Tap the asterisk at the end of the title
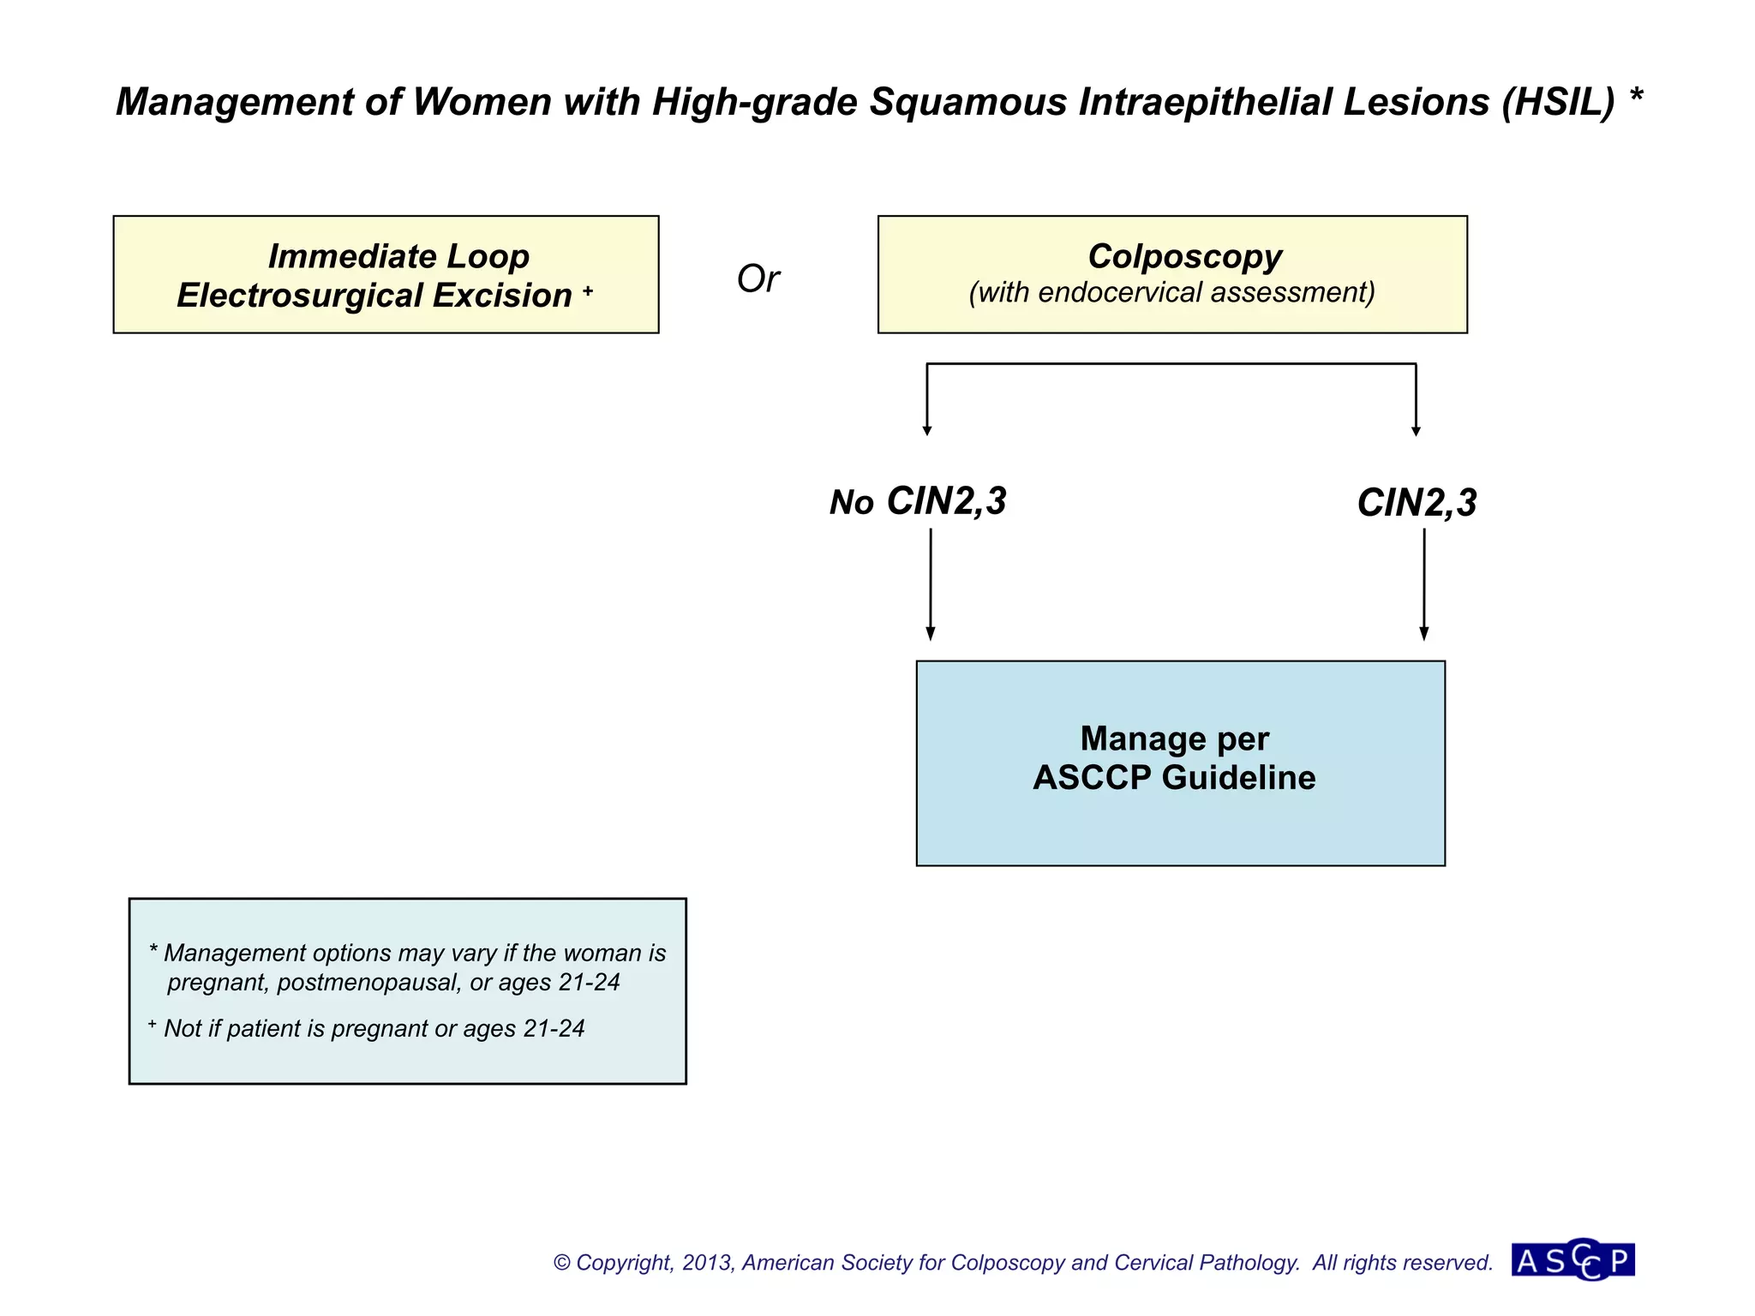(x=1636, y=96)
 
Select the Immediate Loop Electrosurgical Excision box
(x=386, y=274)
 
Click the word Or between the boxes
(x=758, y=279)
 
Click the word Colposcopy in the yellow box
(x=1184, y=256)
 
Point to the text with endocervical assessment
(x=1171, y=293)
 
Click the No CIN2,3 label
(x=918, y=502)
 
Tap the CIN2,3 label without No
(x=1417, y=503)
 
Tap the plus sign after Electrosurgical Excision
(x=588, y=291)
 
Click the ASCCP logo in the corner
(x=1573, y=1260)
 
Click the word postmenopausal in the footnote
(x=368, y=983)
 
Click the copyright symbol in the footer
(x=562, y=1263)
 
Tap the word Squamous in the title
(x=968, y=102)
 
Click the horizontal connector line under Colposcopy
(x=1171, y=364)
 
